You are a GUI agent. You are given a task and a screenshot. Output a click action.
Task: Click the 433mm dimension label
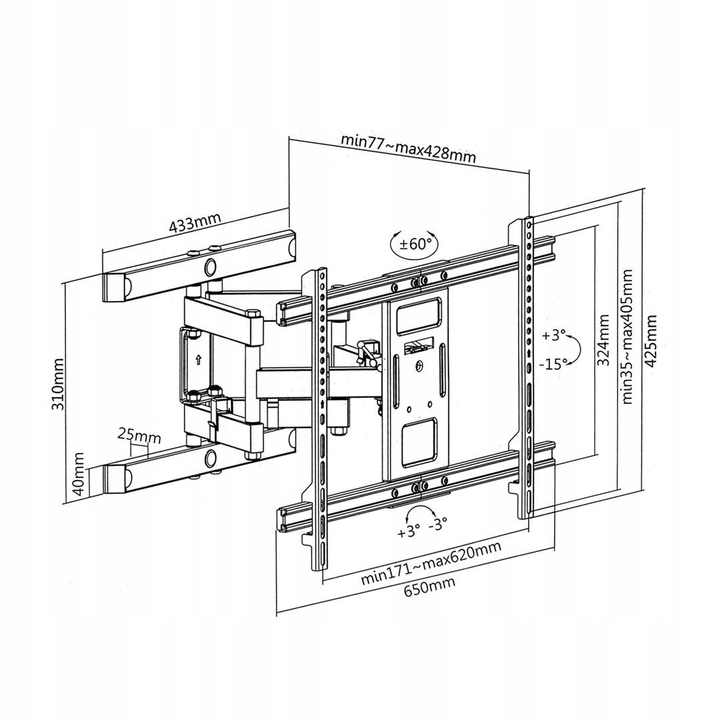pyautogui.click(x=194, y=224)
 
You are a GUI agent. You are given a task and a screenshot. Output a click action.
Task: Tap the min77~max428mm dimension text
pyautogui.click(x=409, y=148)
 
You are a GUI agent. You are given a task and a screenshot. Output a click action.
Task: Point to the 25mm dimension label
pyautogui.click(x=139, y=436)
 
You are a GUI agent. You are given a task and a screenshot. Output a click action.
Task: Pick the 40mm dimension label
pyautogui.click(x=79, y=473)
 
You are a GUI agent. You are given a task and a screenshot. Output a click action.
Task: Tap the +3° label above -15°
pyautogui.click(x=553, y=335)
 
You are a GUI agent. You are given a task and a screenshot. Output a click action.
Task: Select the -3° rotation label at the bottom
pyautogui.click(x=437, y=524)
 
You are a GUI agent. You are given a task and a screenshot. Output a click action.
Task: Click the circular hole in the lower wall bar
pyautogui.click(x=211, y=458)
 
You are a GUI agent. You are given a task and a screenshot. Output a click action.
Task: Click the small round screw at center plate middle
pyautogui.click(x=419, y=365)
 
